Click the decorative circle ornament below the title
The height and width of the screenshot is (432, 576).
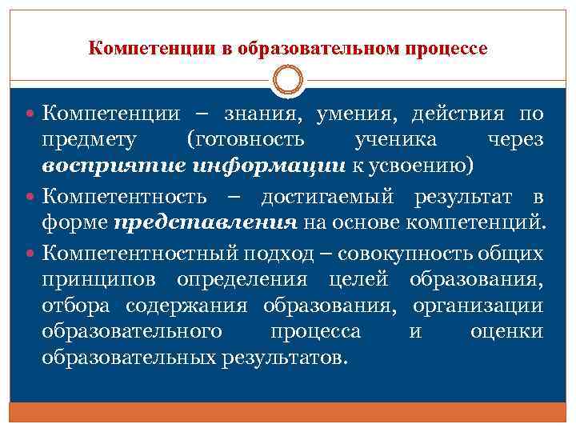(288, 81)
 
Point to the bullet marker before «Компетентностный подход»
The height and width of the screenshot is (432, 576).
(33, 253)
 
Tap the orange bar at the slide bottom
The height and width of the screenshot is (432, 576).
(288, 414)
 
